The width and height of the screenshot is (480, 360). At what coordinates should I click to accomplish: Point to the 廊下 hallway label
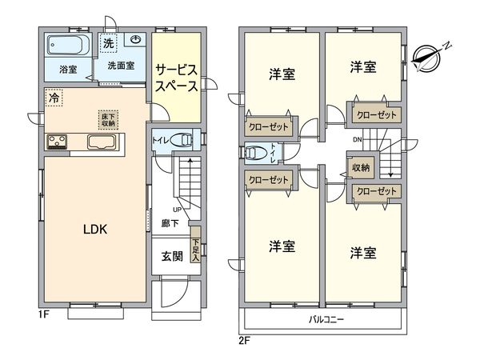[170, 223]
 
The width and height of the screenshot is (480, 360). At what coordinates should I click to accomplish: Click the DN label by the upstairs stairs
[358, 140]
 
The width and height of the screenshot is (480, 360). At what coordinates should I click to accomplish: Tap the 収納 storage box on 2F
[361, 167]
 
